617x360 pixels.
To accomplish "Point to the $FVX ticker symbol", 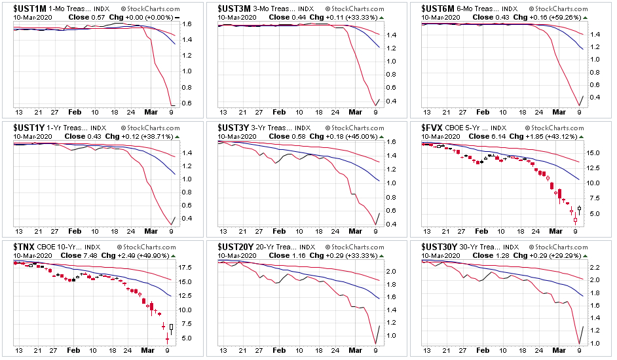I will point(433,128).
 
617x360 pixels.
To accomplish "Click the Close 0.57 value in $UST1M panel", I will point(81,17).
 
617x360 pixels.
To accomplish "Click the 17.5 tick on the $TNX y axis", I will point(185,268).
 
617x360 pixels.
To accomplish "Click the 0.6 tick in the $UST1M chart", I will point(186,103).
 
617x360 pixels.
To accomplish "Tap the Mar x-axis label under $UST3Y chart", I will point(356,231).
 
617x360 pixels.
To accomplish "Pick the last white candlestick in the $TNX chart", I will point(172,329).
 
